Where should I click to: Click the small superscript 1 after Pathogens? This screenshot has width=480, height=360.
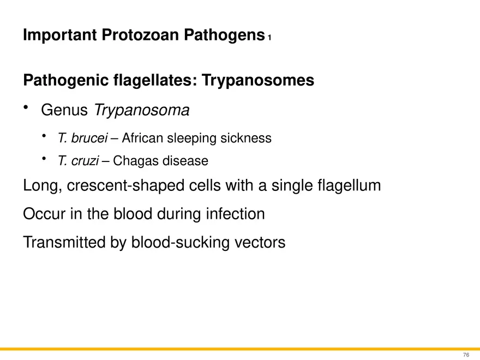click(269, 38)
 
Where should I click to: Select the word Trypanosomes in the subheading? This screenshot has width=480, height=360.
click(258, 81)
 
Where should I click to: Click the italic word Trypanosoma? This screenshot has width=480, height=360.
click(142, 111)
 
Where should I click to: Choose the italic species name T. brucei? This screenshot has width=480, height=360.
click(82, 138)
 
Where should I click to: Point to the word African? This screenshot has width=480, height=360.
click(142, 138)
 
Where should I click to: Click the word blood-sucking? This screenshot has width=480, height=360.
click(175, 242)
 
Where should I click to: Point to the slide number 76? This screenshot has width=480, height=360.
click(465, 355)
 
